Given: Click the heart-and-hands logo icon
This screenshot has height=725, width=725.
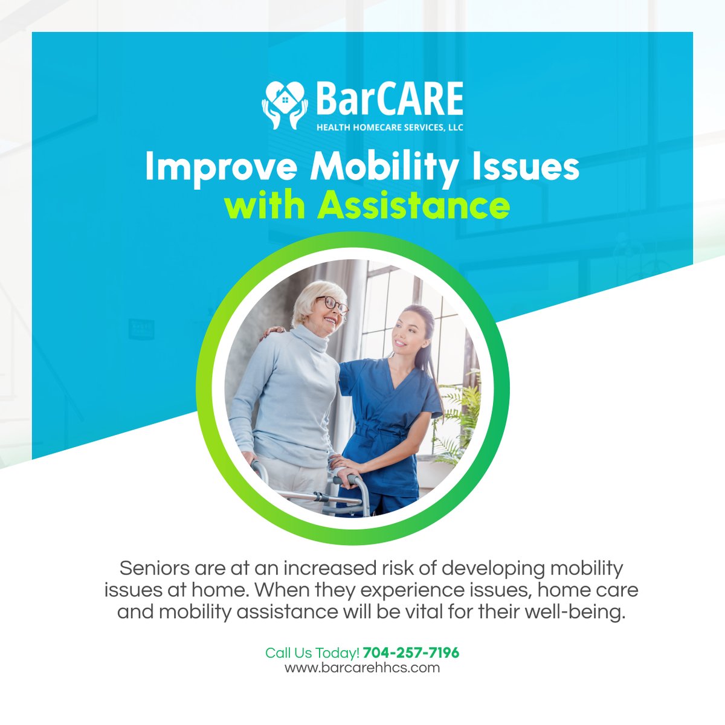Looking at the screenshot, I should [x=285, y=104].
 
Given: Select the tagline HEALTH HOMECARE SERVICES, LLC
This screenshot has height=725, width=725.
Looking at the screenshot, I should [x=390, y=127].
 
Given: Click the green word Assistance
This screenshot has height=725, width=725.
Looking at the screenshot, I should [x=413, y=206].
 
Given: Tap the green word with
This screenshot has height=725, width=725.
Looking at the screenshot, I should [x=265, y=206].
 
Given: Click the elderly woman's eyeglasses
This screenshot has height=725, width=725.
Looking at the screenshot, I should [x=332, y=304].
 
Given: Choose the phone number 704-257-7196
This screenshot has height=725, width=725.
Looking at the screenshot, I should [x=411, y=653].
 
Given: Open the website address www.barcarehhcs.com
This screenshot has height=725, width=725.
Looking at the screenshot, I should [x=362, y=668].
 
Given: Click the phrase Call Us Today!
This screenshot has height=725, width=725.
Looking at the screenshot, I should [x=312, y=653].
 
